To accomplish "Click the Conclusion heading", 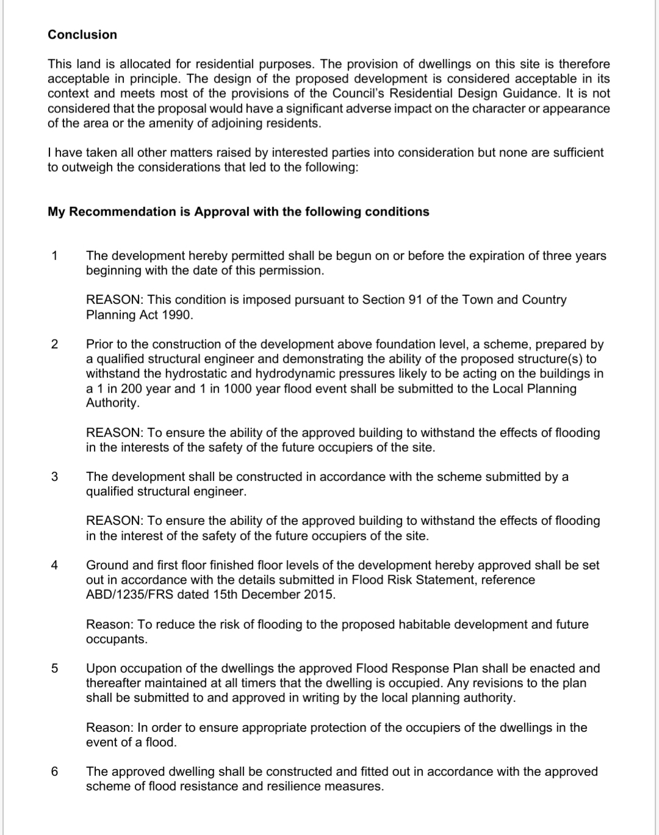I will (x=82, y=35).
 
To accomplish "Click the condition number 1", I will (x=55, y=256).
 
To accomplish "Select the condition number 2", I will (x=55, y=344).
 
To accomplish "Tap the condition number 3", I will (x=55, y=477).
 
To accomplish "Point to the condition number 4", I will (x=55, y=565).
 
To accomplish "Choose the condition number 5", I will (x=55, y=668).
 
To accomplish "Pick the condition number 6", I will (x=55, y=772).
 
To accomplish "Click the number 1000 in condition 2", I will (x=230, y=388).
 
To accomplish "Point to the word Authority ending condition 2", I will (x=112, y=403).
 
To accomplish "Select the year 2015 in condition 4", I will (x=319, y=595).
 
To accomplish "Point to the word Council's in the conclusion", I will (x=359, y=93).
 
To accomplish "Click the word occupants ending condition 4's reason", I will (x=116, y=639).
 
